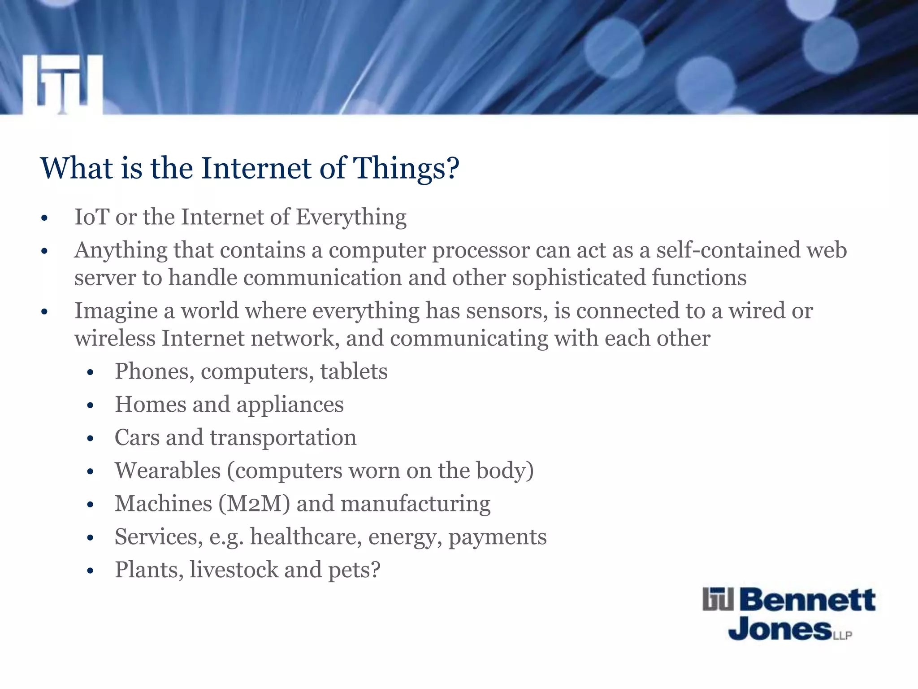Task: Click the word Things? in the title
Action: pos(406,169)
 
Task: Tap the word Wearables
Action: pos(168,471)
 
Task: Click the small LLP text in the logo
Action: pos(843,636)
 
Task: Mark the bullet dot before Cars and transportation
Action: pos(90,439)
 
